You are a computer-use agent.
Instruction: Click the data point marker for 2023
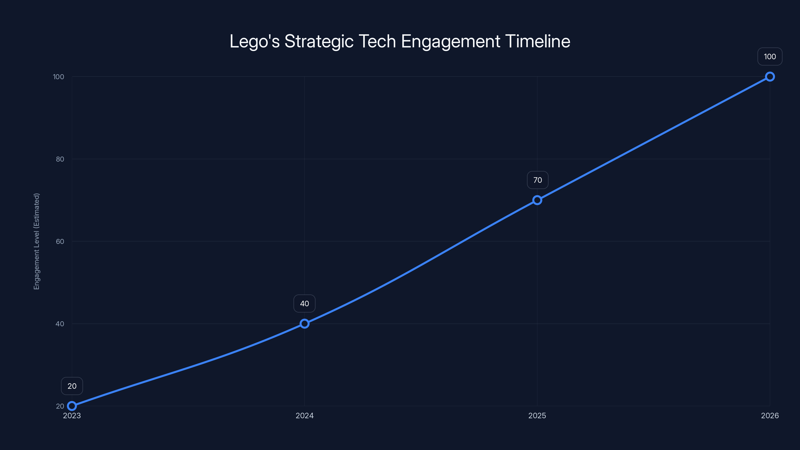[72, 406]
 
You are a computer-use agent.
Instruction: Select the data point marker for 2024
[304, 323]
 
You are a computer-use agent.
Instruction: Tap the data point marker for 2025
[537, 200]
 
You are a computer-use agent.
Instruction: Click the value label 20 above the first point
[72, 386]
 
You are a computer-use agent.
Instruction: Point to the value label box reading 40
[304, 303]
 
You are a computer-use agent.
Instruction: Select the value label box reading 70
[537, 180]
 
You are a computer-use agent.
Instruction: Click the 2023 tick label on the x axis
[72, 415]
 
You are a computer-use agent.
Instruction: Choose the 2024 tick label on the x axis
[304, 415]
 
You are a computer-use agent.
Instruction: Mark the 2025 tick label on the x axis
[537, 415]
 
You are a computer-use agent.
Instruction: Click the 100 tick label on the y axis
[58, 77]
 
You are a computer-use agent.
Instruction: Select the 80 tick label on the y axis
[60, 159]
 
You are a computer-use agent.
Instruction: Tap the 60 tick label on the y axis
[60, 241]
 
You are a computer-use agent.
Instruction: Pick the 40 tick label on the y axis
[60, 323]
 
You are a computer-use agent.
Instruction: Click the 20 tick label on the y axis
[60, 406]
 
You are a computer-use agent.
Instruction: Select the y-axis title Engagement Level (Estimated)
[37, 241]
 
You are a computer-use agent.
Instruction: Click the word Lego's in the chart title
[254, 41]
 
